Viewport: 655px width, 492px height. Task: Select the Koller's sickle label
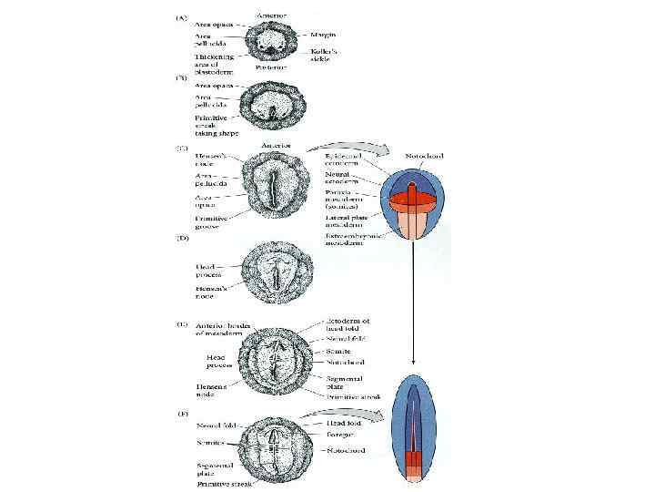[x=338, y=56]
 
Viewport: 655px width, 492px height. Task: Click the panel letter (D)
[x=182, y=238]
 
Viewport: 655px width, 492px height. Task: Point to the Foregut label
[x=342, y=436]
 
